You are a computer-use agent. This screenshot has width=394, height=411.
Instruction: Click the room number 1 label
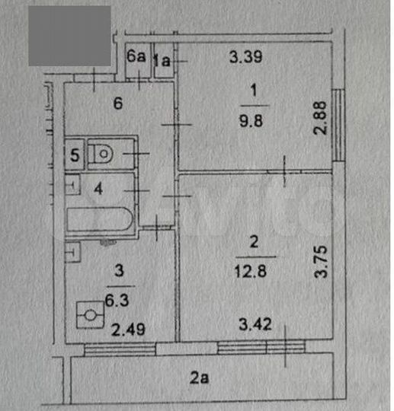(x=254, y=91)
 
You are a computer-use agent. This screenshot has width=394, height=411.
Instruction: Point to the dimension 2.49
(x=125, y=330)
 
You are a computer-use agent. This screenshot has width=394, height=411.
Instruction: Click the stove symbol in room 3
(x=91, y=314)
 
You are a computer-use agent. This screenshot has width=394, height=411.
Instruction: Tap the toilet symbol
(x=103, y=155)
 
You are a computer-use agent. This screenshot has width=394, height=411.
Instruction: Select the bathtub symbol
(x=99, y=219)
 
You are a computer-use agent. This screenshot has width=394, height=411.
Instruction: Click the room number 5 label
(x=74, y=155)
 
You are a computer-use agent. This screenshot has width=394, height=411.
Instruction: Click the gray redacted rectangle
(x=70, y=36)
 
